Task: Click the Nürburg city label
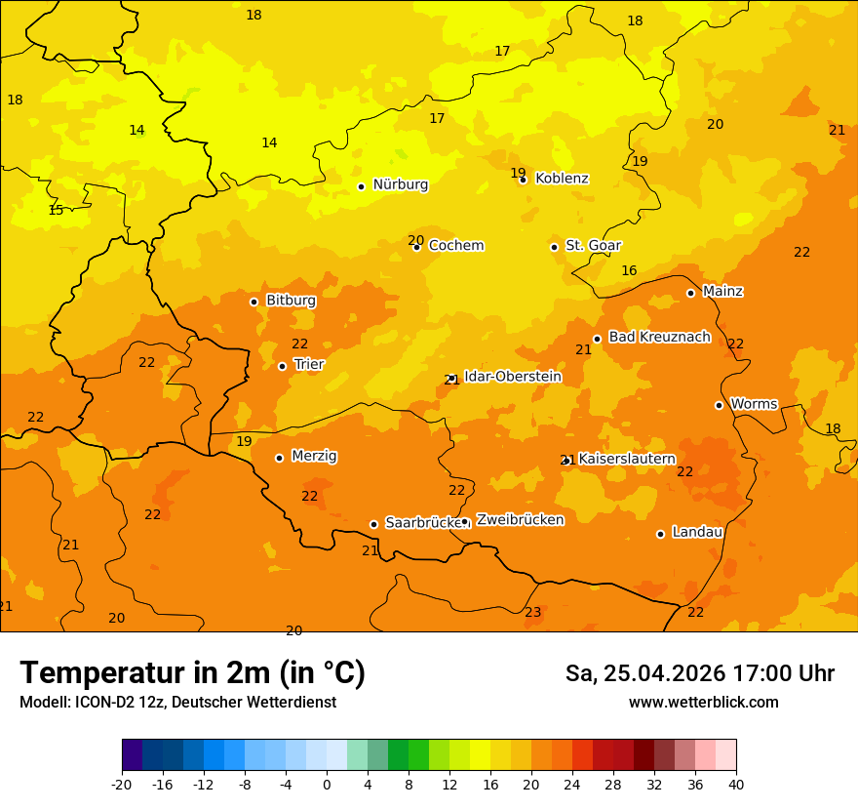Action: click(400, 184)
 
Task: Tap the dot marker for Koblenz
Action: click(524, 180)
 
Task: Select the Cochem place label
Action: click(455, 246)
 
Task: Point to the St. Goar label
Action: click(593, 246)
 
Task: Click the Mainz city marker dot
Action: click(690, 293)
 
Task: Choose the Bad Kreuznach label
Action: click(659, 338)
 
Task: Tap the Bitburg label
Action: click(291, 301)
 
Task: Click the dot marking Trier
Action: click(283, 367)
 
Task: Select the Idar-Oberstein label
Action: click(512, 377)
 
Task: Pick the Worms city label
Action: click(754, 404)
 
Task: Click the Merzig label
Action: click(314, 457)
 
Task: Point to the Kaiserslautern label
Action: click(627, 459)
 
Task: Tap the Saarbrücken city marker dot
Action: click(373, 524)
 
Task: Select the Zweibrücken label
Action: click(520, 520)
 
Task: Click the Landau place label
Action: click(697, 533)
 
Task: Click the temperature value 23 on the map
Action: click(533, 613)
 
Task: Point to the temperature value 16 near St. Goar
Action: click(629, 271)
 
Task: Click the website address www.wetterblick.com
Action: click(703, 703)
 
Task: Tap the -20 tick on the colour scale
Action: click(122, 784)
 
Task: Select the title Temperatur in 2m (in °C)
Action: click(192, 673)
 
